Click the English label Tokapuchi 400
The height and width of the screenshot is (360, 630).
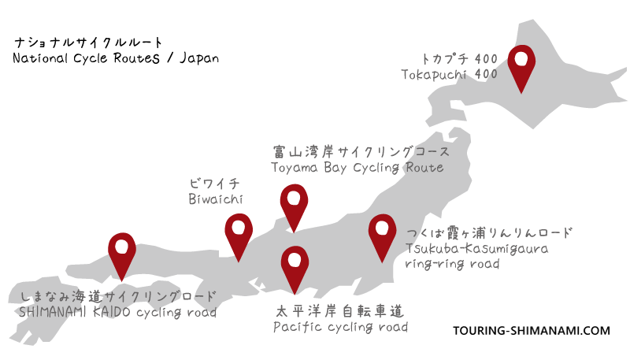[450, 75]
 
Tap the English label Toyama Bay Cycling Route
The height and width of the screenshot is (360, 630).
[357, 168]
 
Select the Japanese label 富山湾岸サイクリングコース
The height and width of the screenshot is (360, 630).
[361, 151]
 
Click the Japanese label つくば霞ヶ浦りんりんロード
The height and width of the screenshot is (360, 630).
[489, 233]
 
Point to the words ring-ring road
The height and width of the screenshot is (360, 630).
[452, 264]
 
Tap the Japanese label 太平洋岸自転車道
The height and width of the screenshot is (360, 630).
[340, 310]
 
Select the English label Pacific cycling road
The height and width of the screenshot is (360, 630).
[340, 326]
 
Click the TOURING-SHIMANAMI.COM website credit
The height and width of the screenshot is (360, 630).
[532, 332]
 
